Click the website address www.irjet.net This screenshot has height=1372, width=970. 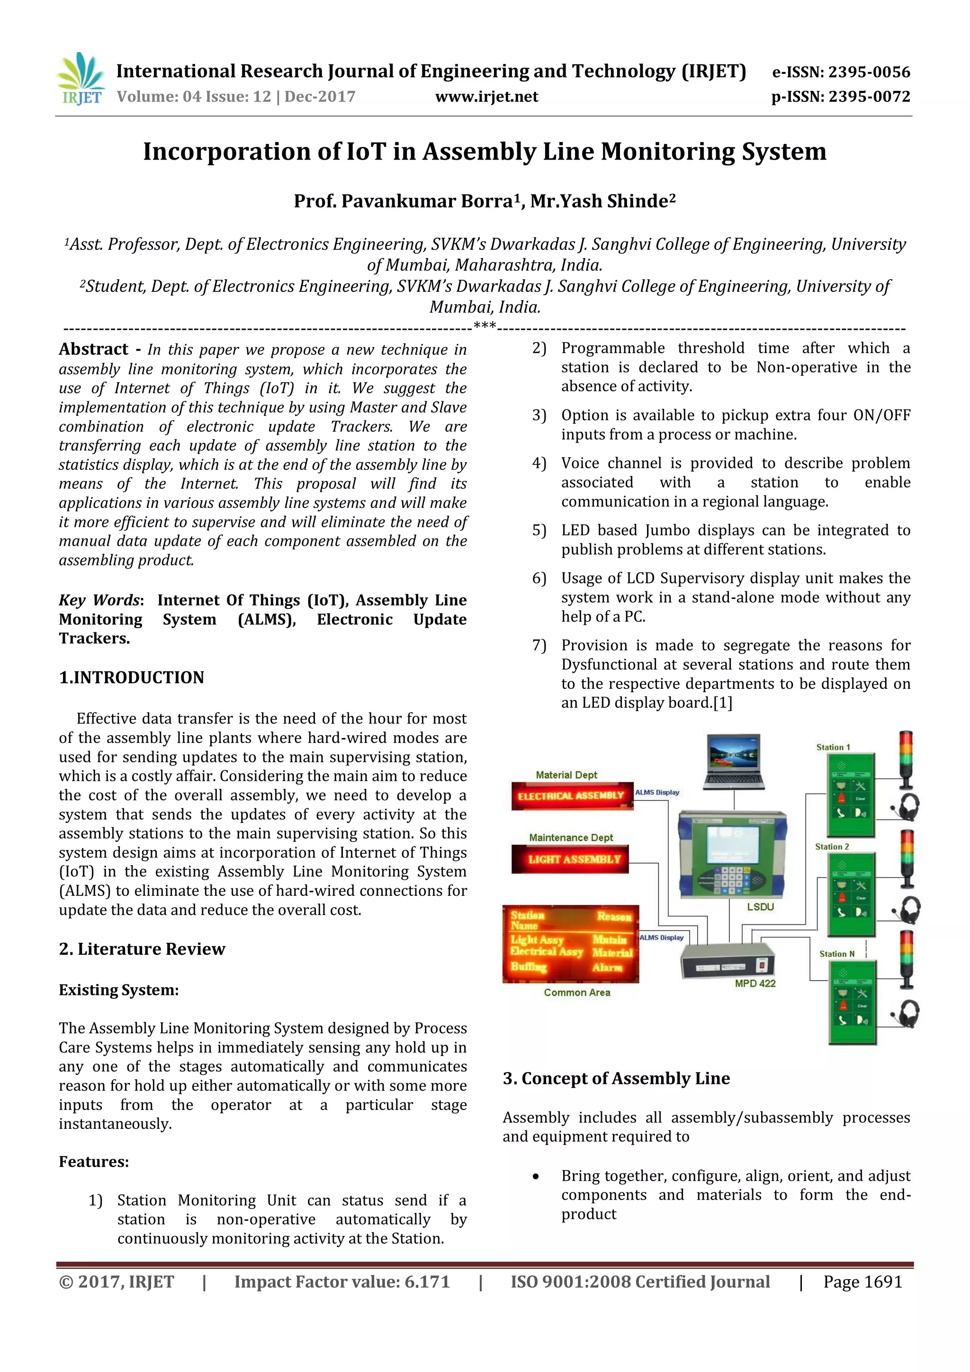click(486, 97)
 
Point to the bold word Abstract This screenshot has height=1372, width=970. click(94, 349)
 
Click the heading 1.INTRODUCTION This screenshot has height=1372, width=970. click(131, 677)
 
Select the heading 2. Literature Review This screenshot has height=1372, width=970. click(142, 949)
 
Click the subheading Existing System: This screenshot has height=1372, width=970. click(119, 990)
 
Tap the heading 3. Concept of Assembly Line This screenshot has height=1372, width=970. click(616, 1079)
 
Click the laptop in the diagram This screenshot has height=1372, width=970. click(734, 761)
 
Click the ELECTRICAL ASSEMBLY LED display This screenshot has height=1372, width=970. click(571, 796)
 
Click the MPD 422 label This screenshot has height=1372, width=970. click(754, 983)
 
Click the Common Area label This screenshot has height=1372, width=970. click(577, 993)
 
